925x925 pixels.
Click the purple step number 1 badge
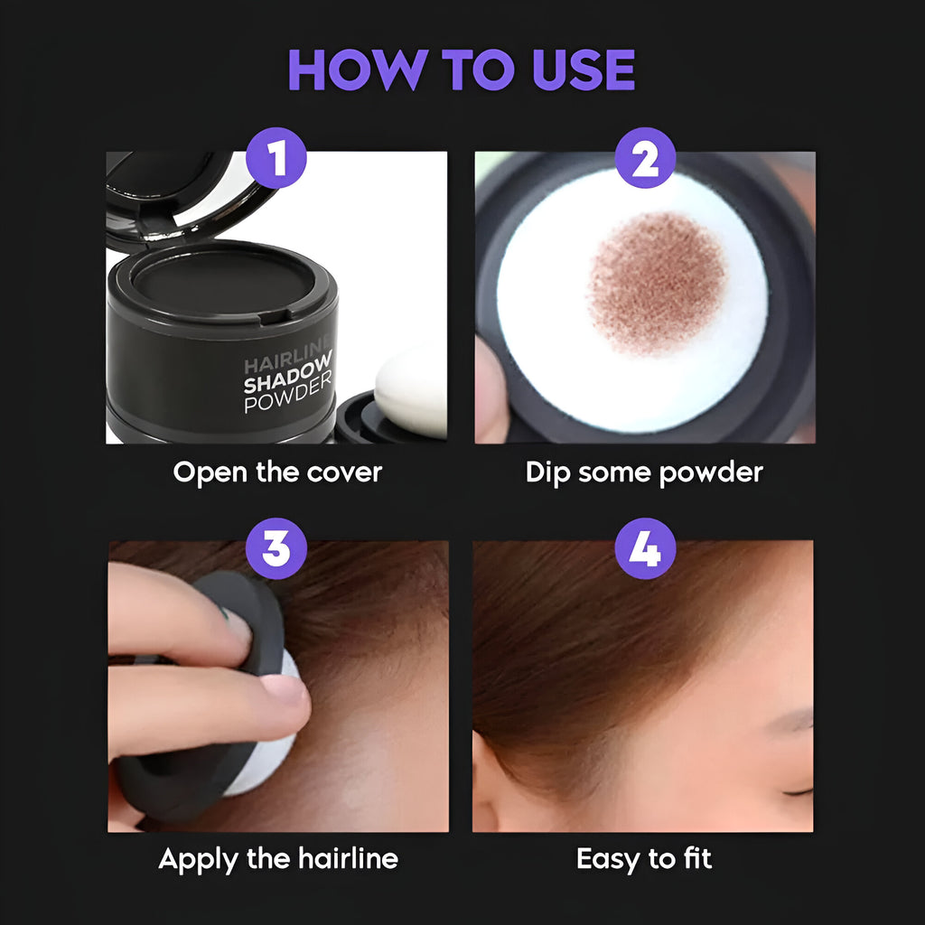coord(276,158)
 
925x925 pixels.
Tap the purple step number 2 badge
coord(645,158)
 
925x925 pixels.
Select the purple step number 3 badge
coord(276,548)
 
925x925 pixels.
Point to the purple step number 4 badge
coord(645,548)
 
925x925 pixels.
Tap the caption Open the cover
coord(277,472)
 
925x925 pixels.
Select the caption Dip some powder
coord(644,472)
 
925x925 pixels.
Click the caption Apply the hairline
coord(277,858)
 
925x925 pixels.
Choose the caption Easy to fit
coord(644,858)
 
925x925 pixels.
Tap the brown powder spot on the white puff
coord(657,281)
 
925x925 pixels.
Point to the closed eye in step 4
coord(796,790)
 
